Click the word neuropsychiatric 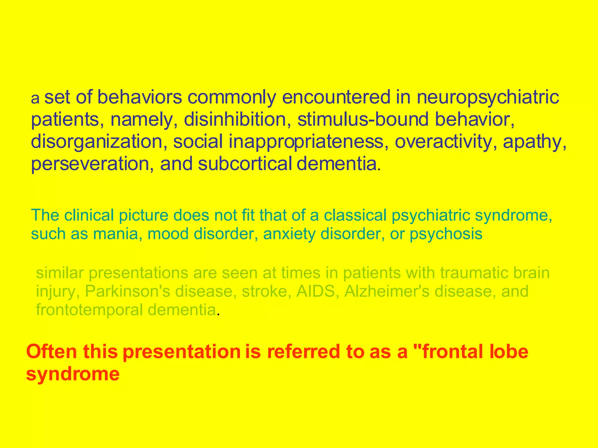coord(488,98)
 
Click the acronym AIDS coord(315,291)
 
